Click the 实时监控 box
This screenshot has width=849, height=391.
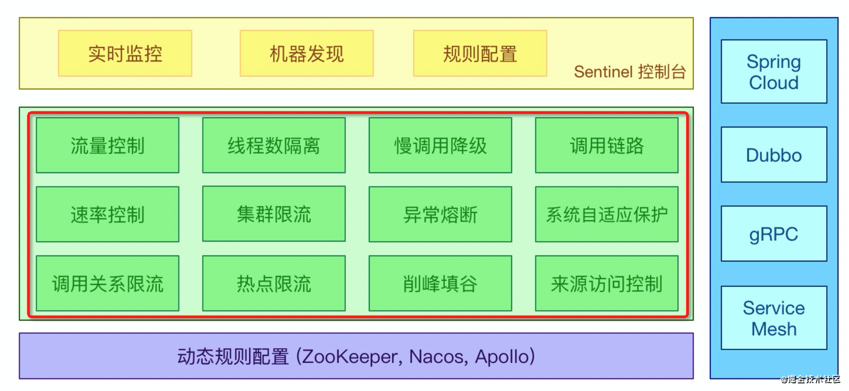coord(125,53)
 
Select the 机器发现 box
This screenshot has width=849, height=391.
coord(306,53)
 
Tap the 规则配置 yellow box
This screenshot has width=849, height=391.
coord(480,53)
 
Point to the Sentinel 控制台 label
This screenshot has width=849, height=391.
coord(629,72)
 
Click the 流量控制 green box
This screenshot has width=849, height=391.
coord(107,146)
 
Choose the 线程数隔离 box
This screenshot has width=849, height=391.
coord(273,146)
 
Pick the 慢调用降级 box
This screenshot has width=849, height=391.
coord(440,146)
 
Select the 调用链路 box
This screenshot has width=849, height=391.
coord(606,146)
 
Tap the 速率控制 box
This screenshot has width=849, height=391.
coord(107,215)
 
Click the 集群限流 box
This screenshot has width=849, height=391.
coord(273,214)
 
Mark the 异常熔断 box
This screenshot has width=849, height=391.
coord(440,215)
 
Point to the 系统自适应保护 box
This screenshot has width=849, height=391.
coord(606,215)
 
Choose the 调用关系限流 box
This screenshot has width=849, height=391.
coord(107,283)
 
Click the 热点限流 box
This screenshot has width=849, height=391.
coord(273,283)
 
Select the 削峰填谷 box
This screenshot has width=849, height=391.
coord(440,283)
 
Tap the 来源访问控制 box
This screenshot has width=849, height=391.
coord(606,283)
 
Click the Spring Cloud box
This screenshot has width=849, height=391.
coord(774,72)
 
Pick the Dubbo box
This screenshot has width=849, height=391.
coord(774,155)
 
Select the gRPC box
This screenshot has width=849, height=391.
coord(774,234)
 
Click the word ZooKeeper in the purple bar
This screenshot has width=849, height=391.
coord(350,357)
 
